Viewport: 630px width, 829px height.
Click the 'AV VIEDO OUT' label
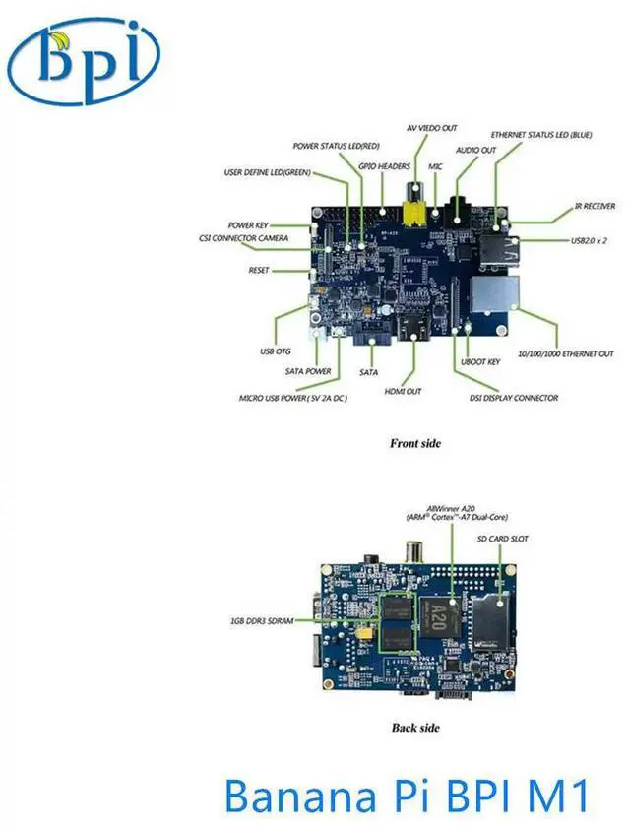click(x=431, y=128)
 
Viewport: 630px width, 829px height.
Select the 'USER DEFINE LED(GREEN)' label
click(x=267, y=173)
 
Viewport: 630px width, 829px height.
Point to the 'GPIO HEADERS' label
click(x=384, y=166)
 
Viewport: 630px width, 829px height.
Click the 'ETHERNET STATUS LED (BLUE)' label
click(x=541, y=134)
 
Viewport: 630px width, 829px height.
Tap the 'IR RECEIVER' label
click(x=595, y=207)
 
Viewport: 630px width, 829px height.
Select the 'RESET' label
click(x=259, y=269)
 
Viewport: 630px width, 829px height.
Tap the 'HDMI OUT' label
click(x=403, y=391)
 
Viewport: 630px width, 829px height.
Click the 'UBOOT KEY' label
click(x=480, y=362)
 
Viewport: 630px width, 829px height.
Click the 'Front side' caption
click(x=415, y=443)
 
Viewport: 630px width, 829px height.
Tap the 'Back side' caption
click(x=413, y=728)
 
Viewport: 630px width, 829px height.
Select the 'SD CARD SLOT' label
click(x=505, y=539)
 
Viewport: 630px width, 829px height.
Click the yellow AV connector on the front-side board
click(x=414, y=209)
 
